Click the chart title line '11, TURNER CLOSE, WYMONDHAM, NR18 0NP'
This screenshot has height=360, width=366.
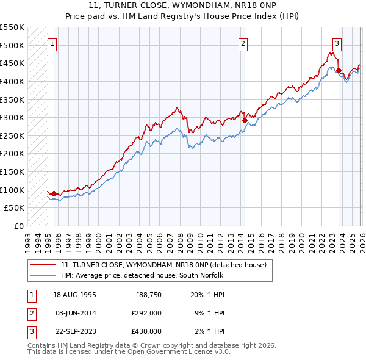click(x=182, y=6)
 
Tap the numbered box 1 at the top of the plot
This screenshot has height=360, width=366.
click(x=53, y=43)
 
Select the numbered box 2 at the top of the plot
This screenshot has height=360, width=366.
click(x=243, y=43)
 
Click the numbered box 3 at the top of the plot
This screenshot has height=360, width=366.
click(x=337, y=43)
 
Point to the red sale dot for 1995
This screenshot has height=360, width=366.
click(x=54, y=193)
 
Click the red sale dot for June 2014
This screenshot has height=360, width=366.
click(x=245, y=120)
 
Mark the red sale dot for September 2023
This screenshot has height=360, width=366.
click(x=339, y=70)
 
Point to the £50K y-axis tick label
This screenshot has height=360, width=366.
click(x=14, y=208)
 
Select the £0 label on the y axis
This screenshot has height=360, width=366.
click(x=18, y=226)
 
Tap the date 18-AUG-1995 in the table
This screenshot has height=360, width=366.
click(x=74, y=295)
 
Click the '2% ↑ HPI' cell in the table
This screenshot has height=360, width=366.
click(x=208, y=331)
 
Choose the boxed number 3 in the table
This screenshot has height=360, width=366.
click(x=30, y=331)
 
